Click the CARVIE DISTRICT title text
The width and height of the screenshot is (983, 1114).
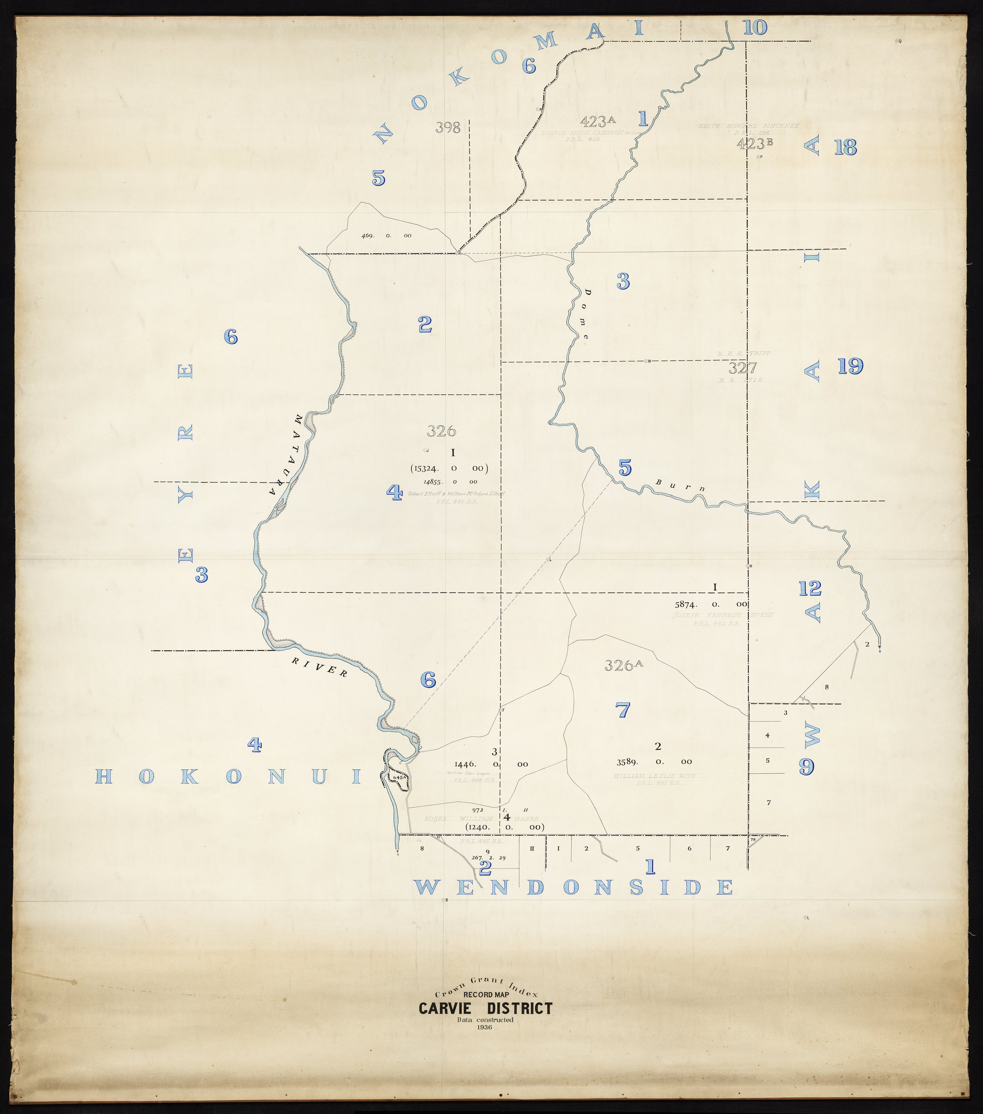(x=485, y=1009)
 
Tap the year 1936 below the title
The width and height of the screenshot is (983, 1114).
(x=485, y=1027)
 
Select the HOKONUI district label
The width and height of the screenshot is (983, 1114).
(x=228, y=777)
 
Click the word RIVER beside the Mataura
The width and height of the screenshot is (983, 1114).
(x=319, y=667)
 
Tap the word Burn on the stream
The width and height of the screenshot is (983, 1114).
(x=680, y=485)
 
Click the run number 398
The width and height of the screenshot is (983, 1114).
(x=448, y=127)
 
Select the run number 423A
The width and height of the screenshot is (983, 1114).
(x=597, y=120)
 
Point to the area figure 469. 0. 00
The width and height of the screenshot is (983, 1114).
(x=387, y=236)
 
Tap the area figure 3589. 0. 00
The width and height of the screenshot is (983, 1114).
(x=654, y=762)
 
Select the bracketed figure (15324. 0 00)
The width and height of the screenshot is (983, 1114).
(x=449, y=468)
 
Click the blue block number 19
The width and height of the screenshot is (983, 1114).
(x=850, y=366)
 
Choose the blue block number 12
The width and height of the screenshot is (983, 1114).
(x=810, y=588)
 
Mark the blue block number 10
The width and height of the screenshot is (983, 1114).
(x=755, y=27)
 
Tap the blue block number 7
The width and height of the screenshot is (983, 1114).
(x=622, y=710)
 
